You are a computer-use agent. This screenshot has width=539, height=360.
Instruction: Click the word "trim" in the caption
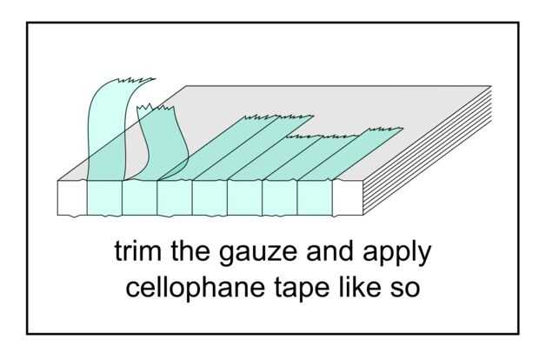(136, 253)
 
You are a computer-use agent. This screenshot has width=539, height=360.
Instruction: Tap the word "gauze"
(250, 253)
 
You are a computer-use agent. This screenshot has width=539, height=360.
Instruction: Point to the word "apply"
(396, 255)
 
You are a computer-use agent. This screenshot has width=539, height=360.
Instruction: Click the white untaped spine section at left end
(71, 197)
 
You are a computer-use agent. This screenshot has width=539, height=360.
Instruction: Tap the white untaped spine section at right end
(345, 197)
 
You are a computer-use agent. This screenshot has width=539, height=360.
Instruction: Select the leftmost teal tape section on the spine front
(104, 197)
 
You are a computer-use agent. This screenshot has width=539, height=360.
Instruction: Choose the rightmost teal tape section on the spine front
(315, 197)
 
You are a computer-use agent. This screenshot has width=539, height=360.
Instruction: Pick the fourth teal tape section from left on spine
(210, 197)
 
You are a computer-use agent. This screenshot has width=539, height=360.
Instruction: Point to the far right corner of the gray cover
(491, 86)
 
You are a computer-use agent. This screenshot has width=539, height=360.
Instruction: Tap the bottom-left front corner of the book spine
(57, 214)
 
